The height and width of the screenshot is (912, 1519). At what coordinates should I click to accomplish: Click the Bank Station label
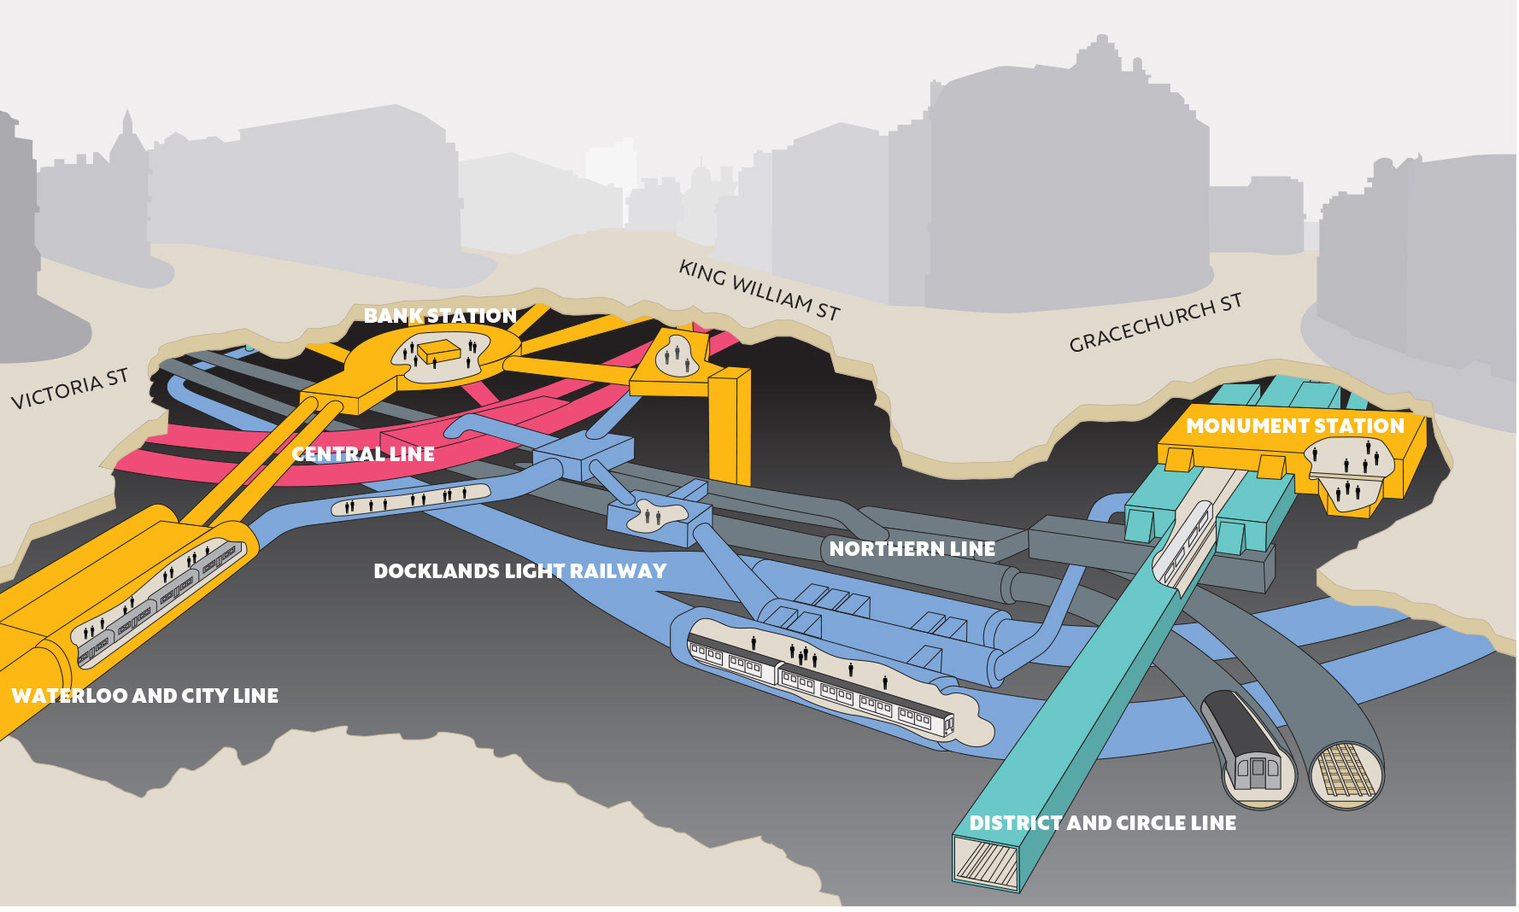440,316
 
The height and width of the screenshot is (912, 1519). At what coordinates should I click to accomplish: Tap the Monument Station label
1294,425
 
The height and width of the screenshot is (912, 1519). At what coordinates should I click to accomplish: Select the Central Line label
363,454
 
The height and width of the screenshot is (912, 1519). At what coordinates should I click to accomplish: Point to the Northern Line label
912,549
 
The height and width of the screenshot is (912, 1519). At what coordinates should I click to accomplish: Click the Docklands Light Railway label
519,571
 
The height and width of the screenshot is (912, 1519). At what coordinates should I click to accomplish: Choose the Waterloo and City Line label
144,696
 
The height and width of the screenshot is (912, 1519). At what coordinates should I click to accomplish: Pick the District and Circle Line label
1102,823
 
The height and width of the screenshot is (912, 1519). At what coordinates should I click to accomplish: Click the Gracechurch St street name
1155,323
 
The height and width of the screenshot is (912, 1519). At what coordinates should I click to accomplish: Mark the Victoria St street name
69,389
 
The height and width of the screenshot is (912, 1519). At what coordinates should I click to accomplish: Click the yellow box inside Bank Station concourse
439,350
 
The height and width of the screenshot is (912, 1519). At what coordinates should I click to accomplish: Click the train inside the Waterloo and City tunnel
158,602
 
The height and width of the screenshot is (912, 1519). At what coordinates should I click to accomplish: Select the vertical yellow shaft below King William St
729,427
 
